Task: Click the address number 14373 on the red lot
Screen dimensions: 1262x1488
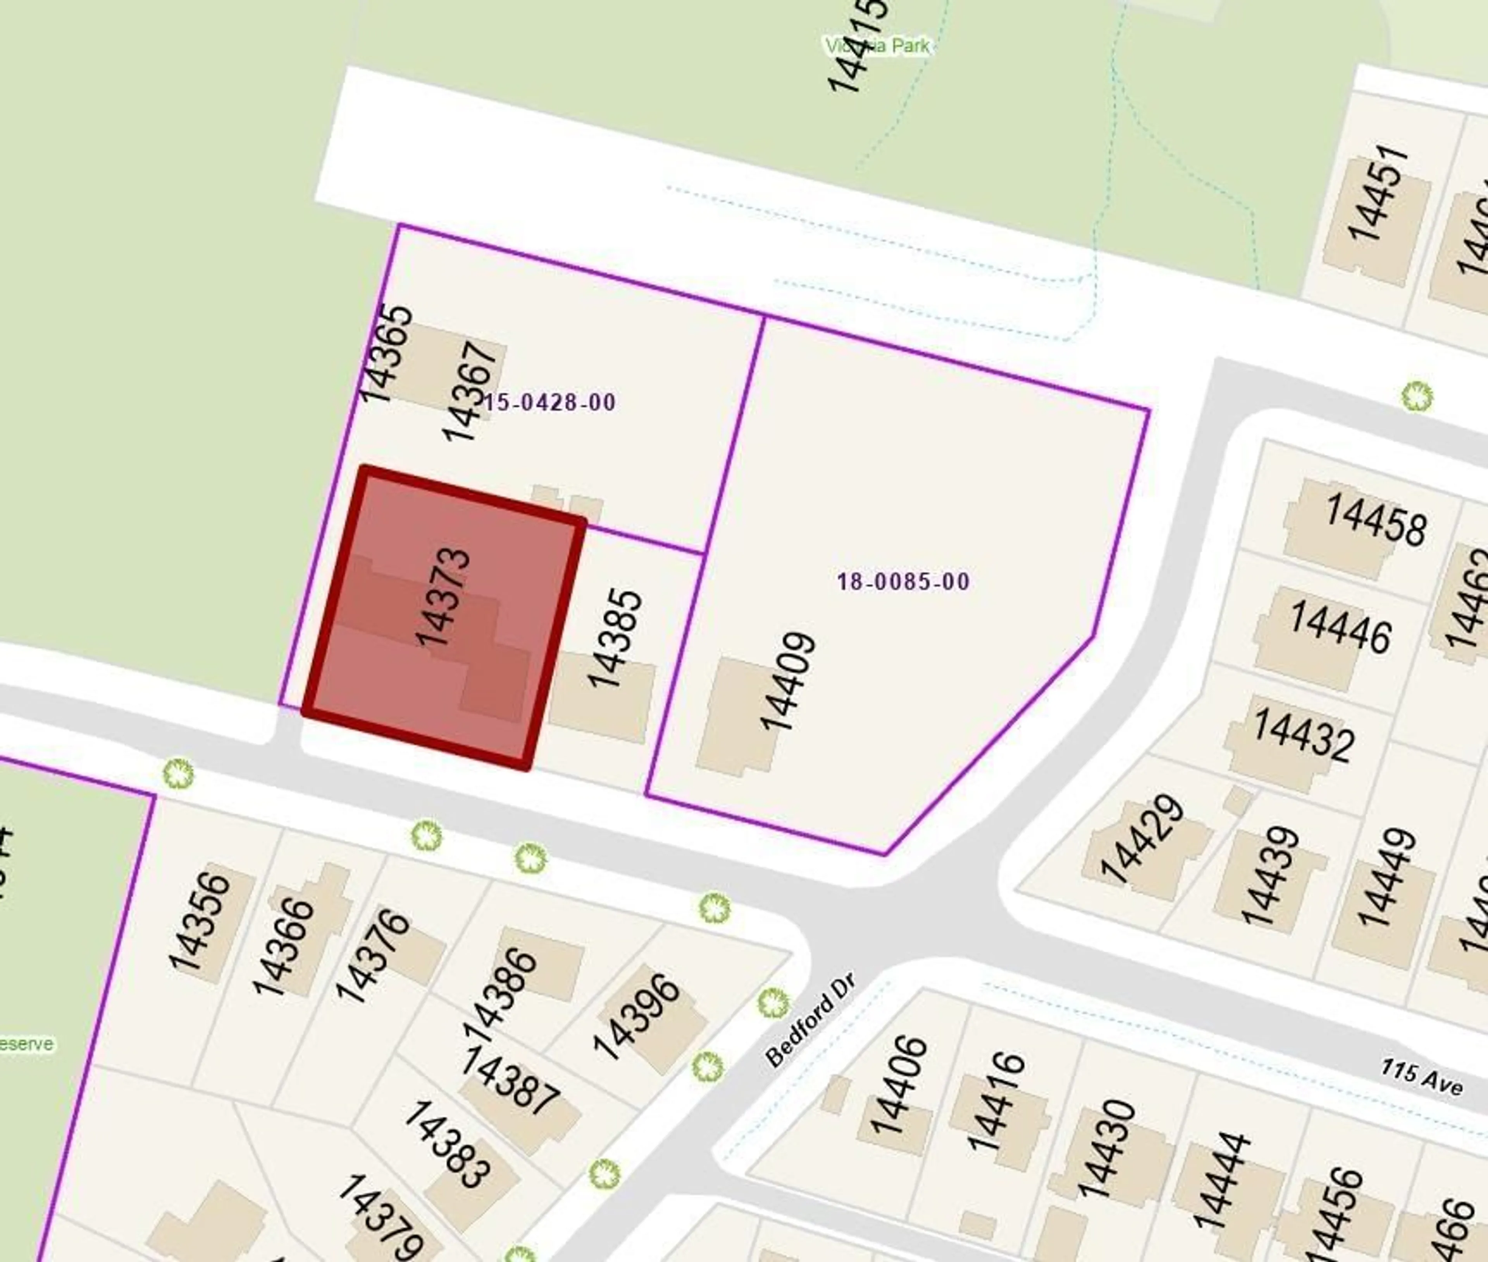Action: tap(444, 597)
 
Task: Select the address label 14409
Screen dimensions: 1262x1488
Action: tap(788, 682)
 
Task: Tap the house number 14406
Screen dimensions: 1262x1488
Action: tap(898, 1086)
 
